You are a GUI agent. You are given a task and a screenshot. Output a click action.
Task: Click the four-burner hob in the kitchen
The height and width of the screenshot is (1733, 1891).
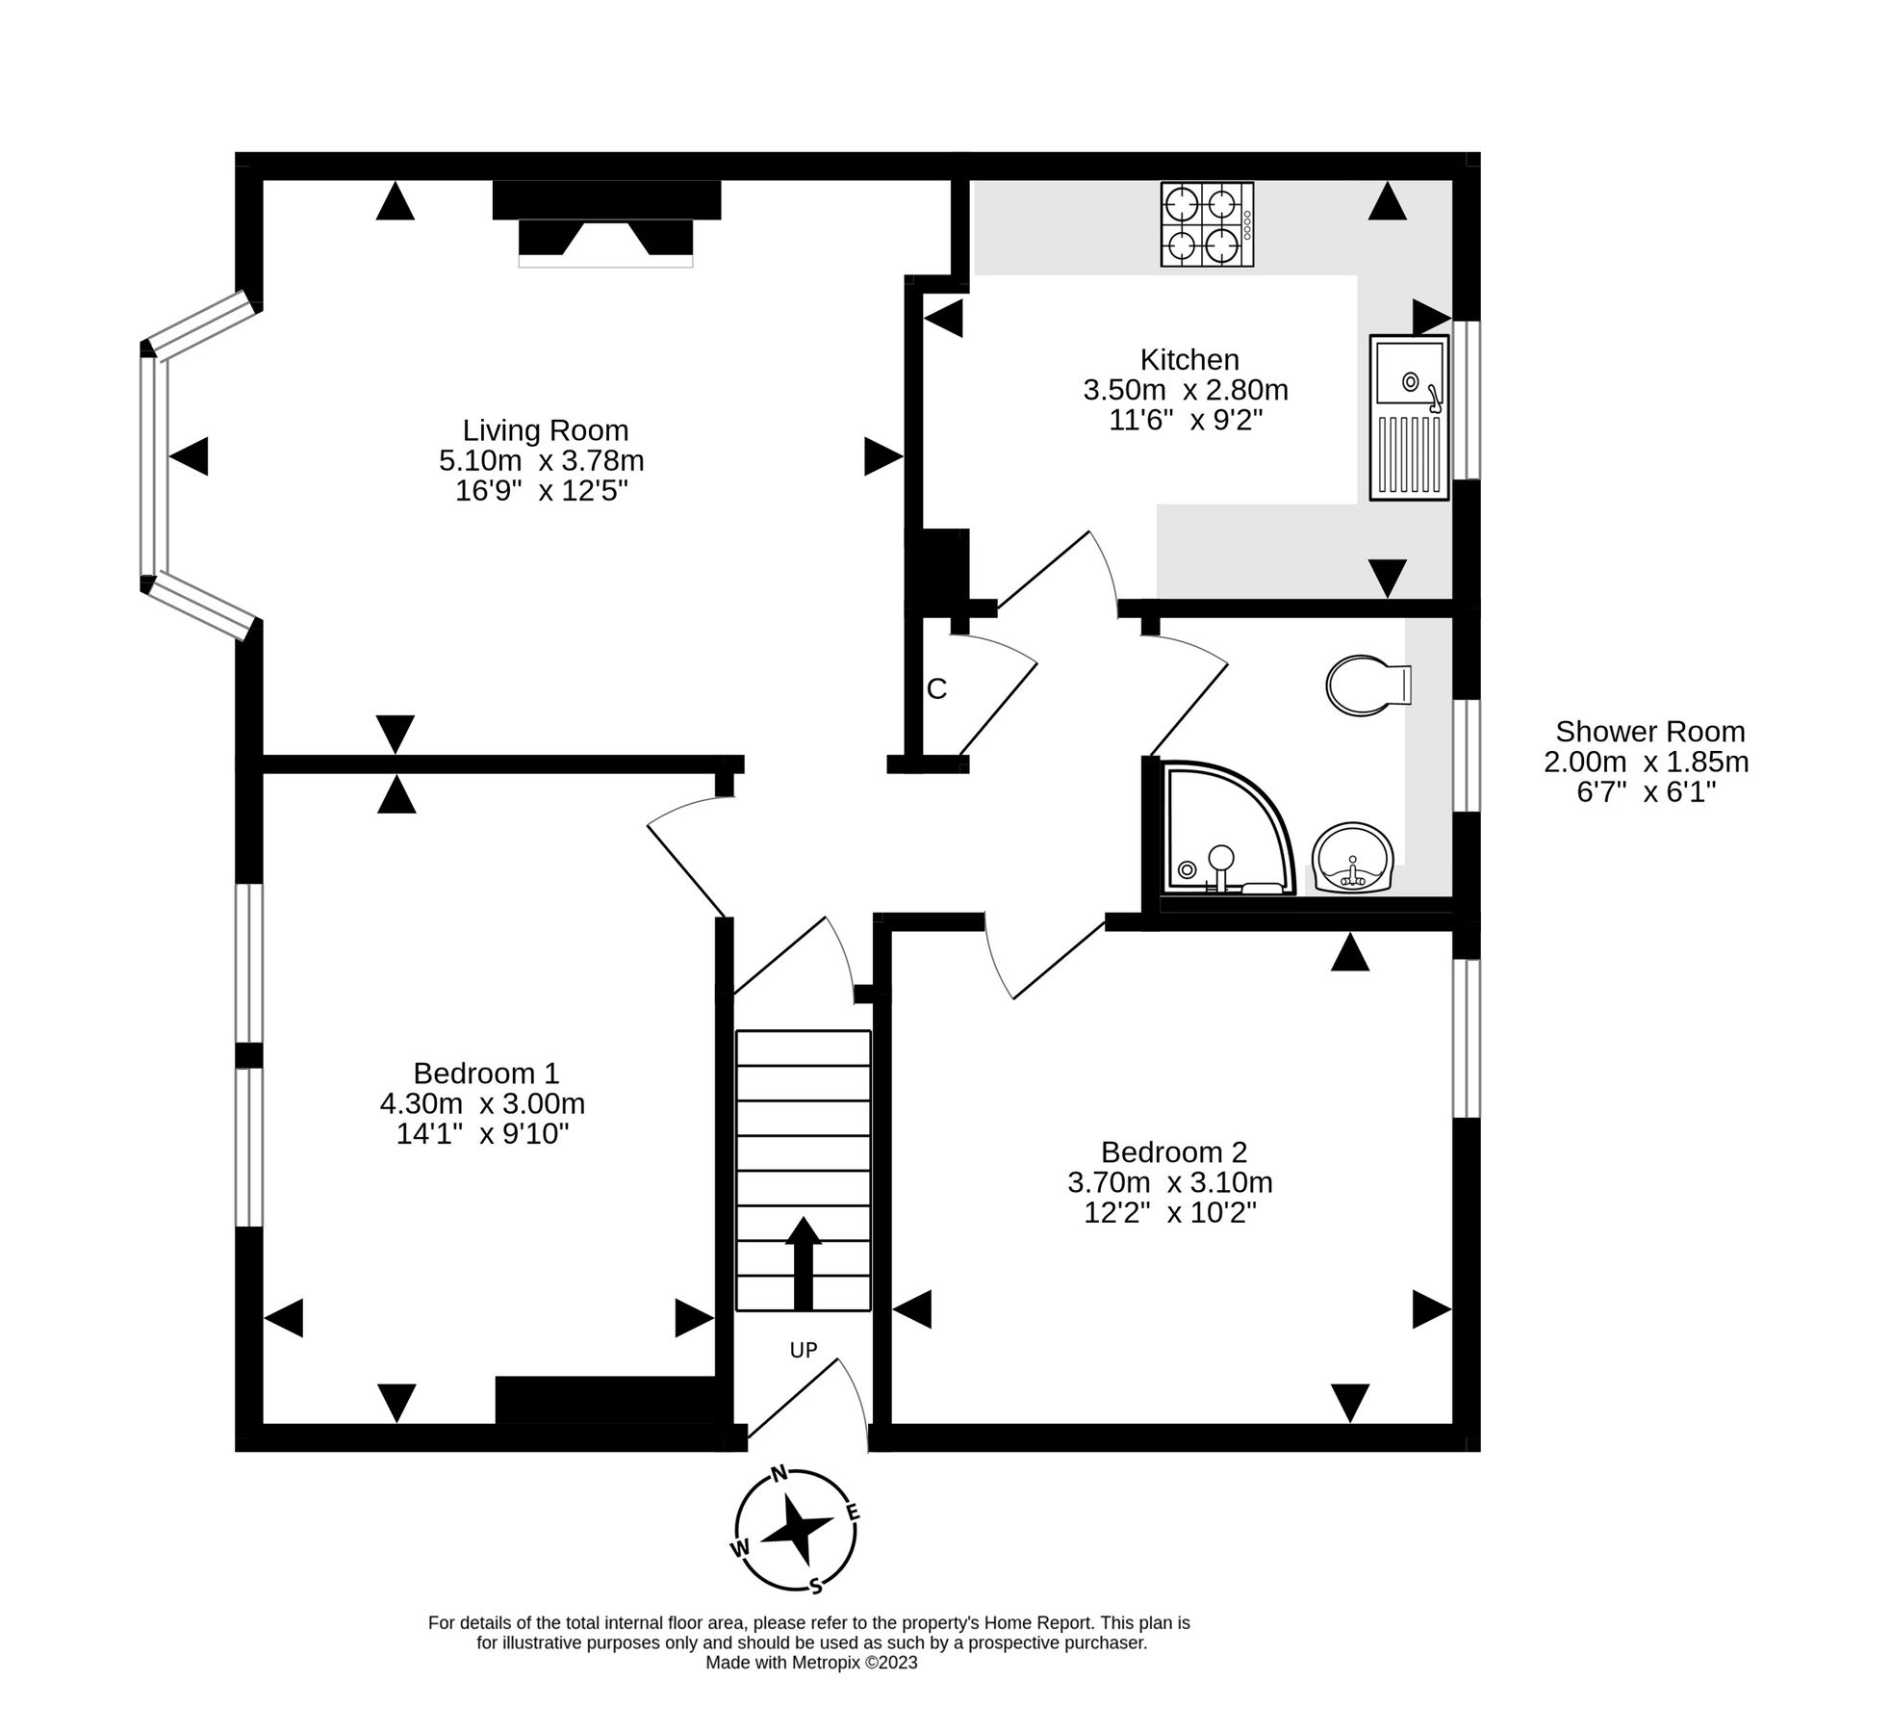1206,225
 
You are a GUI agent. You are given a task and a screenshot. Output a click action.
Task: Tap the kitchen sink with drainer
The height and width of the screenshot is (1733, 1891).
1408,417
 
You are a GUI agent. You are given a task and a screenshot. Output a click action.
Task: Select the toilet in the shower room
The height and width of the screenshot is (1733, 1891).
1366,686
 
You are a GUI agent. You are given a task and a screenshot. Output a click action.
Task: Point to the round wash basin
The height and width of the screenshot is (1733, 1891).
1353,857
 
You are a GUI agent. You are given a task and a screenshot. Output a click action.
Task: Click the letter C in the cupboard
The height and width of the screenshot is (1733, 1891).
935,689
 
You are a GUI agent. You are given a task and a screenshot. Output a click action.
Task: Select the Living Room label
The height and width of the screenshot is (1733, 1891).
545,430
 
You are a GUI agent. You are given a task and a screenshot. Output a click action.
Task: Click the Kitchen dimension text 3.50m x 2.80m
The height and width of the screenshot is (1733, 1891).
1185,390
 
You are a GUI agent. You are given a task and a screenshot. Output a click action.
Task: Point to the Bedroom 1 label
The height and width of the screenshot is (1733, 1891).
485,1073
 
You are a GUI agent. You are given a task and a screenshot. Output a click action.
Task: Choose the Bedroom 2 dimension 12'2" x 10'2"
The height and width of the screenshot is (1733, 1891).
1169,1212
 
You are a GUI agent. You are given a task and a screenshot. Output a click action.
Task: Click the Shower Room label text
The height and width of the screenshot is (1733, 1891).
1649,732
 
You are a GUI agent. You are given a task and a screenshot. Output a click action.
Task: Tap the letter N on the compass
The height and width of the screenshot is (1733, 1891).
780,1473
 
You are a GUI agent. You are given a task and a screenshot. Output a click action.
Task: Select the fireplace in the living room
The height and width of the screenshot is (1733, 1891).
605,224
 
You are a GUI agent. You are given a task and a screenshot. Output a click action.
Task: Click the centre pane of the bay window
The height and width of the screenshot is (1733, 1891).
154,465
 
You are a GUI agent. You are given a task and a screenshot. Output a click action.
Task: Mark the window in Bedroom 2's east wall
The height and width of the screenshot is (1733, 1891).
1466,1038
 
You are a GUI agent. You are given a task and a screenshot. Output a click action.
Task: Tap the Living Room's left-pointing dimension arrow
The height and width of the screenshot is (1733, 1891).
189,456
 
